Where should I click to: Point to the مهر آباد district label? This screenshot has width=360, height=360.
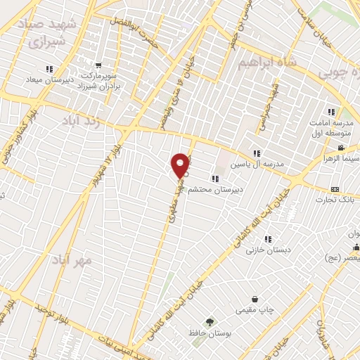click(x=72, y=261)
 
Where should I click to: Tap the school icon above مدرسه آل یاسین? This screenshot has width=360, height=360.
click(x=257, y=153)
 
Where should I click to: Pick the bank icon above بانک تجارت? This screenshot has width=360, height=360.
click(x=335, y=190)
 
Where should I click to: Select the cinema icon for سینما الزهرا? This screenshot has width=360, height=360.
click(x=341, y=148)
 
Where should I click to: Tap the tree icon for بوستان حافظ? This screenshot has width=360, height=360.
click(x=208, y=321)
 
